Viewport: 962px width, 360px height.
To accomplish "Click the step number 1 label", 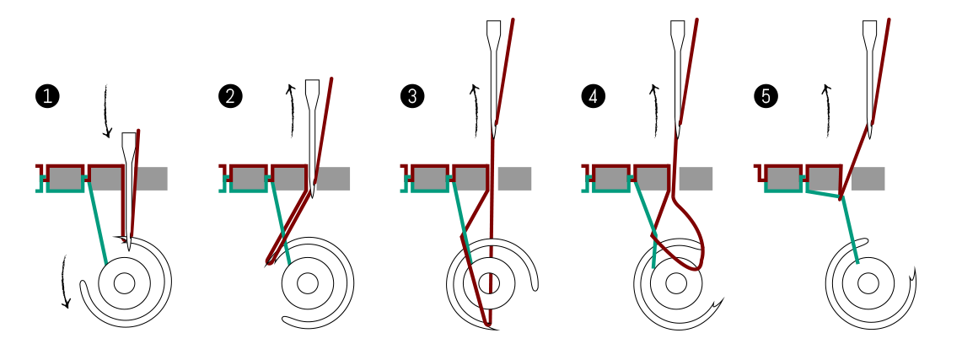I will pos(47,97).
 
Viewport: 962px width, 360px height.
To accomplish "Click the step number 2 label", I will pos(229,97).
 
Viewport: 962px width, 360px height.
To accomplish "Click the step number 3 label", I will pos(412,97).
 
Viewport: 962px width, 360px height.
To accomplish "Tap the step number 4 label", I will pos(593,97).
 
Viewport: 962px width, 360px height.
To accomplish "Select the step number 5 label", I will pos(766,97).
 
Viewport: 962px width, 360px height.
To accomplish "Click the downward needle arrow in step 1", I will pos(106,110).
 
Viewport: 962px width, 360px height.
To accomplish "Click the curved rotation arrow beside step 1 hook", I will pos(65,282).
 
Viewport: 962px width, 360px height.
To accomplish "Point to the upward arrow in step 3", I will pos(475,110).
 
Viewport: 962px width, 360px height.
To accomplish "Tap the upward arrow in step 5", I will pos(827,110).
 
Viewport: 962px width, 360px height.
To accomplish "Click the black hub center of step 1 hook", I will pos(125,282).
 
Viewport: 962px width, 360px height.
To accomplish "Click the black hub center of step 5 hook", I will pos(868,282).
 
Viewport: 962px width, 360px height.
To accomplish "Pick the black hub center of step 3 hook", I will pos(490,282).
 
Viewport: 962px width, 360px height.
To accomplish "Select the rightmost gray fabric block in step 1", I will pos(151,179).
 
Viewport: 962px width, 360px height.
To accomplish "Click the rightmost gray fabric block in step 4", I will pos(696,179).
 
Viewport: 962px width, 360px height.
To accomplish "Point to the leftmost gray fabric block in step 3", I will pos(429,179).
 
